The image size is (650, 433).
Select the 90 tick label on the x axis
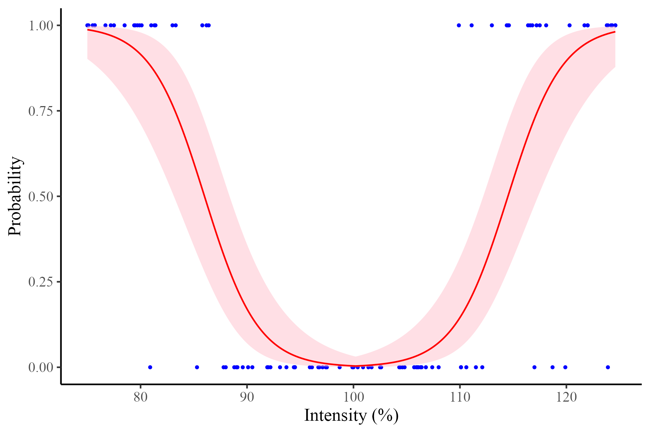point(247,398)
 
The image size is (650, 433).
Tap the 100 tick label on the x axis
point(353,398)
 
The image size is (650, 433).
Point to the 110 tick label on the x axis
point(459,398)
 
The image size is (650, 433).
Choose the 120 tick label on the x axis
point(566,398)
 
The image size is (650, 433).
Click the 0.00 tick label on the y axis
point(40,367)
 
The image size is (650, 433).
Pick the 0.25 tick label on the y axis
point(40,282)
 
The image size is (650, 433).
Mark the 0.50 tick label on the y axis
point(40,196)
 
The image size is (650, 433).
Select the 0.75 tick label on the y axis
point(40,111)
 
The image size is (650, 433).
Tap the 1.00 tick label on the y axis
point(40,25)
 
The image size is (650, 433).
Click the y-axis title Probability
point(15,196)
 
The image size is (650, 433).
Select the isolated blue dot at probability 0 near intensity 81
point(150,367)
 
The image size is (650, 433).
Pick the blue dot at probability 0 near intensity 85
point(197,367)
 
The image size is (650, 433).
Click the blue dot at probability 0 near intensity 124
point(608,367)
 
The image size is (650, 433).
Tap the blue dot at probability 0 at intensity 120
point(565,367)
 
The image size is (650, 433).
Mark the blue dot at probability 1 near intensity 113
point(492,25)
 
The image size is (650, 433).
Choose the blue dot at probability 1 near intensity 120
point(569,25)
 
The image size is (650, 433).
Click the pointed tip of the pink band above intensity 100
point(355,357)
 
